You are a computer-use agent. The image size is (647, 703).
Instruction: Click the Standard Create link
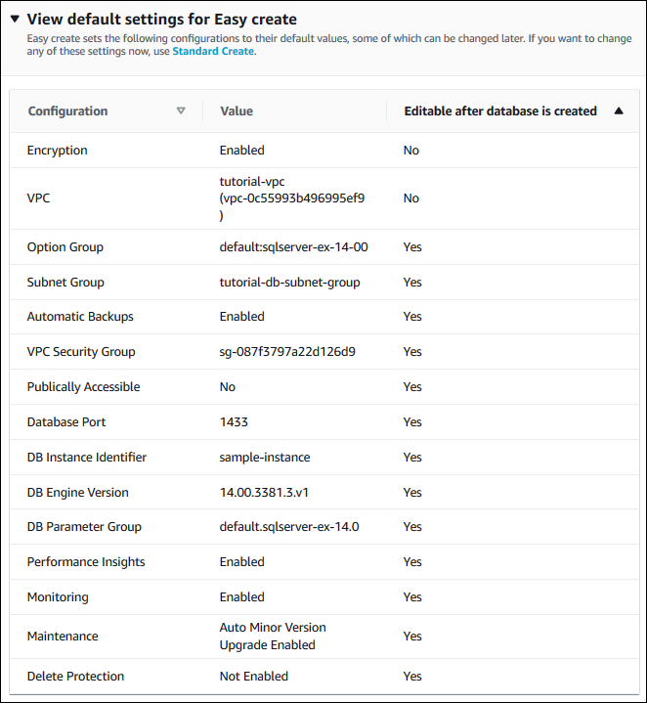tap(213, 51)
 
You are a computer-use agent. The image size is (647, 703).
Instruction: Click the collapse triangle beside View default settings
tap(15, 19)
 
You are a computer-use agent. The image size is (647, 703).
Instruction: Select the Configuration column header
tap(67, 111)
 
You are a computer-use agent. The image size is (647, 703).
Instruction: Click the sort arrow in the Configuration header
tap(181, 110)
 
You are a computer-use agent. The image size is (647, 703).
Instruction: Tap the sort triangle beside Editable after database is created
tap(619, 111)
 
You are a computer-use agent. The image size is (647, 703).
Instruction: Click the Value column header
tap(237, 111)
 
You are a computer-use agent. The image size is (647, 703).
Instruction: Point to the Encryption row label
tap(58, 151)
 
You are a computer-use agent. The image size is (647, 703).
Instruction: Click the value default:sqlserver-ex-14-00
tap(293, 247)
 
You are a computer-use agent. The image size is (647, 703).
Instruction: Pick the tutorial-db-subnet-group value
tap(289, 283)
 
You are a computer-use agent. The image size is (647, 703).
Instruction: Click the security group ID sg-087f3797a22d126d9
tap(287, 352)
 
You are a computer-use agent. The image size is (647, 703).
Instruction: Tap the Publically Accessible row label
tap(83, 387)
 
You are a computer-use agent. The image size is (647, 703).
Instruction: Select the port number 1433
tap(234, 422)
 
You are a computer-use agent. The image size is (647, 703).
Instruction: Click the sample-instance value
tap(265, 458)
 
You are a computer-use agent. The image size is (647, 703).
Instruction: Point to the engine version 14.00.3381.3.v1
tap(272, 493)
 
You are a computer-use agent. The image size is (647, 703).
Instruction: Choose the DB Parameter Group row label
tap(84, 527)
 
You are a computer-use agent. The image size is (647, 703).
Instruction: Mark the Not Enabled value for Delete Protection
tap(254, 677)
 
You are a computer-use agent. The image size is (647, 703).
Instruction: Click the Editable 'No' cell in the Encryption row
tap(410, 151)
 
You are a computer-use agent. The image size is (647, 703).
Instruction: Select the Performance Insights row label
tap(86, 562)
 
